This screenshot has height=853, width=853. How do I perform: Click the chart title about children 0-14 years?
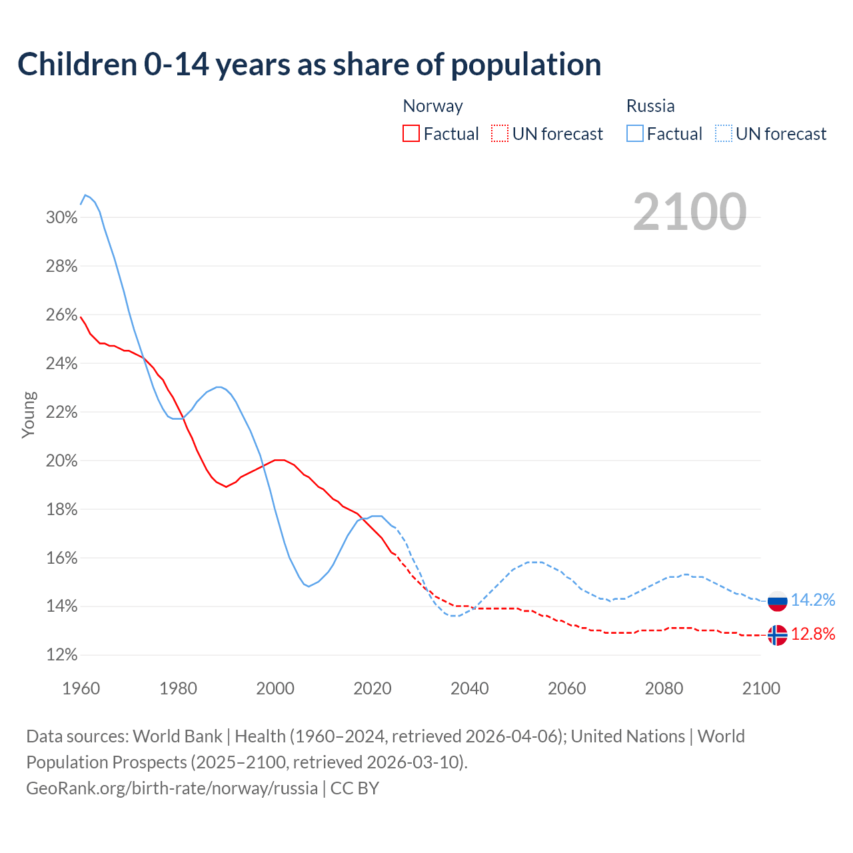coord(309,65)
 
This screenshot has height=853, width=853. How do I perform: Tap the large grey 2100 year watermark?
coord(690,212)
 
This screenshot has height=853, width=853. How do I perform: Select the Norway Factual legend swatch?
coord(411,133)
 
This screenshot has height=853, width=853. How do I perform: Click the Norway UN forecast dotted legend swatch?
coord(500,133)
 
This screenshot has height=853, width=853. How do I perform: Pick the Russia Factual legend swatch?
coord(635,133)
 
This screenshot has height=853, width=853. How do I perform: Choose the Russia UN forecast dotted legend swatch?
coord(723,133)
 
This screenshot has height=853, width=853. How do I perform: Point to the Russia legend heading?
coord(650,106)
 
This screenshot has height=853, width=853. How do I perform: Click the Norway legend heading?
coord(432,106)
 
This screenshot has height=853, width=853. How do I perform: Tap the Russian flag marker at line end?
coord(778,600)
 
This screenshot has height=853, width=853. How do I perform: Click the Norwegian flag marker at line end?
coord(778,635)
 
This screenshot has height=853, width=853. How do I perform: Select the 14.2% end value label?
coord(813,600)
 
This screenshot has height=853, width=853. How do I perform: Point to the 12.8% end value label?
coord(813,634)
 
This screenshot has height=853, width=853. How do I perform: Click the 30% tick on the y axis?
coord(62,218)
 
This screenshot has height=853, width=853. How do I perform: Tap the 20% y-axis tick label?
coord(62,461)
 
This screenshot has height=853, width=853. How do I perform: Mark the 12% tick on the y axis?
coord(62,655)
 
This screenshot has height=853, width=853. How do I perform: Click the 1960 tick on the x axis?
coord(81,688)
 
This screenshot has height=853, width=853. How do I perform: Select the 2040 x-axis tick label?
coord(470,688)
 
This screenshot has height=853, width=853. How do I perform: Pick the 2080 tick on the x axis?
coord(664,688)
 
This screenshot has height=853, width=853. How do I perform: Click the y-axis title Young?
coord(29,415)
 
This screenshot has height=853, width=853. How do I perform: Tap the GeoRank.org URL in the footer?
coord(172,788)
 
